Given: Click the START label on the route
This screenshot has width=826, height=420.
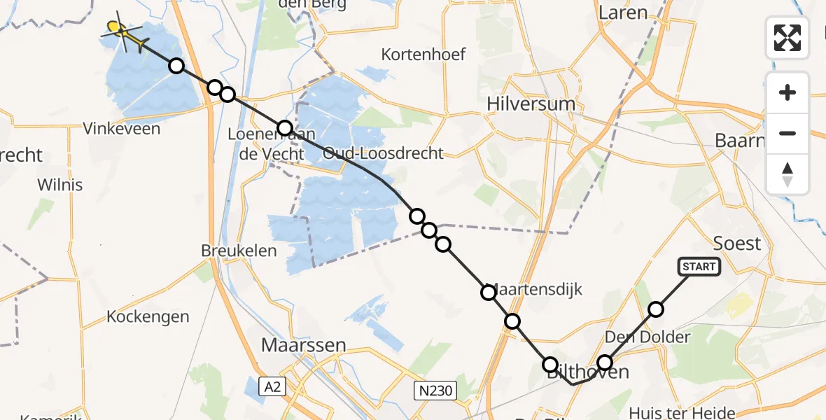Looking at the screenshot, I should (699, 267).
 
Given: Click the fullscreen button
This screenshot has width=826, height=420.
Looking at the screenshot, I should (787, 38).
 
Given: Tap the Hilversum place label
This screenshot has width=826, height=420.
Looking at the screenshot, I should (531, 104).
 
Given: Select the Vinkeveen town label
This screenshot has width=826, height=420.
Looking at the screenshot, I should (121, 129).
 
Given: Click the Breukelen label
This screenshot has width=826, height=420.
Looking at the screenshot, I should (239, 250).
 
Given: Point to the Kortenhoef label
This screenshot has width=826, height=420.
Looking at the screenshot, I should (423, 55).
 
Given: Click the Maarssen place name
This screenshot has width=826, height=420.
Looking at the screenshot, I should (303, 344).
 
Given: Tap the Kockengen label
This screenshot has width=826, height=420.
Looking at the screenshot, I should (148, 316).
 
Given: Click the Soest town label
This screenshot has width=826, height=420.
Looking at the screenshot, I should (736, 244).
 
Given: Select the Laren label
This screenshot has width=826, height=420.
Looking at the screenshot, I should (623, 13).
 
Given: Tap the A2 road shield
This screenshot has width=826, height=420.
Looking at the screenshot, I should (274, 386).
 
